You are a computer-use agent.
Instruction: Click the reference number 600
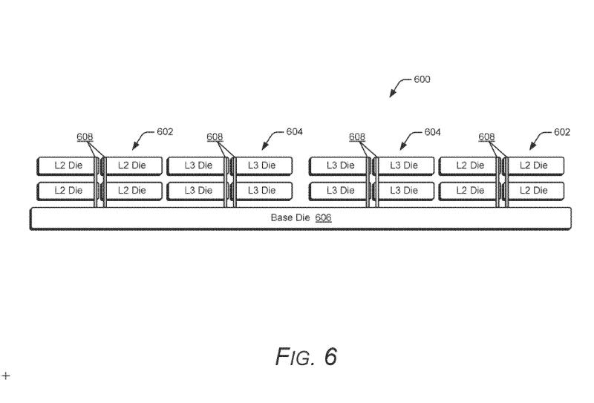(422, 79)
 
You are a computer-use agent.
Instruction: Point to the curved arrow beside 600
(399, 88)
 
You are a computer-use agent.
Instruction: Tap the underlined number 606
(323, 218)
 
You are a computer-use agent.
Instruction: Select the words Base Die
(290, 218)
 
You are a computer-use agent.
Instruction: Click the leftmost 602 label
(165, 132)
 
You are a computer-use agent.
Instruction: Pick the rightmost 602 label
(562, 132)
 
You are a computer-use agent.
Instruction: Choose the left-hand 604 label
(294, 132)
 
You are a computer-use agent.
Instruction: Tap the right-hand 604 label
(432, 132)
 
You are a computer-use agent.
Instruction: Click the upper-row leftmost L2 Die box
(68, 165)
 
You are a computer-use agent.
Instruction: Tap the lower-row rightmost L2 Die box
(534, 191)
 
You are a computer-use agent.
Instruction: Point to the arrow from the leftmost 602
(143, 141)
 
